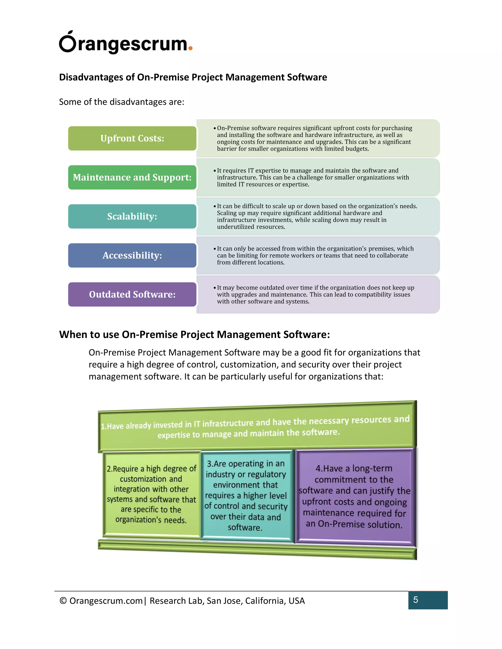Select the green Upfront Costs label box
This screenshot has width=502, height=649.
tap(132, 138)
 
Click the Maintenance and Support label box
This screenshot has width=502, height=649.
tap(132, 177)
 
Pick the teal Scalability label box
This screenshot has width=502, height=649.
tap(132, 216)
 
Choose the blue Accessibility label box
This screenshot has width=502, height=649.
tap(132, 255)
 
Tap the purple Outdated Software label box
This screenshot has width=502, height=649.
tap(132, 294)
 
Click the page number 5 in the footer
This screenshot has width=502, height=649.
tap(415, 600)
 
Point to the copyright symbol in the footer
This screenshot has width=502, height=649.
tap(63, 601)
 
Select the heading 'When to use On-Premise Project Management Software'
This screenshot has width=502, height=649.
tap(194, 335)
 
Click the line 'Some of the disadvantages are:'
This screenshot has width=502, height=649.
tap(122, 102)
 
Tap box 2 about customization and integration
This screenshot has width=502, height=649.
tap(151, 494)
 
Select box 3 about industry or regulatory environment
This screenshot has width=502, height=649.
tap(246, 495)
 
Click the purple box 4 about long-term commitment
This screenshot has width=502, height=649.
tap(354, 496)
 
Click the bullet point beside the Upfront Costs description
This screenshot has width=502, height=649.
tap(214, 128)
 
